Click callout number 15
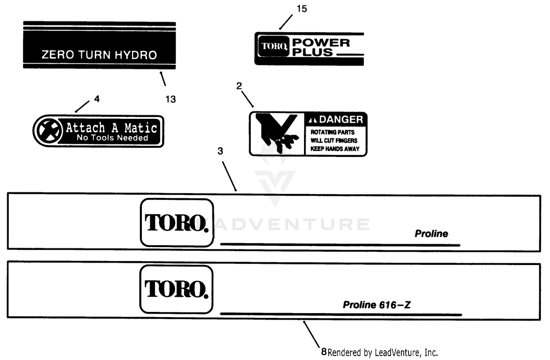coord(302,9)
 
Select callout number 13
coord(170,99)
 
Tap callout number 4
coord(97,99)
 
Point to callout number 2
coord(239,86)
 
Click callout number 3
coord(220,151)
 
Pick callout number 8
coord(324,352)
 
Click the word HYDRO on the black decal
coord(136,55)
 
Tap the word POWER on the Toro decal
coord(321,43)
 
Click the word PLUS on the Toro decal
coord(312,52)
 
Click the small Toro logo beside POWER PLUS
coord(274,46)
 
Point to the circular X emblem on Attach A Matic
coord(49,131)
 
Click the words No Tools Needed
coord(113,138)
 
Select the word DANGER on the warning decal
coord(341,120)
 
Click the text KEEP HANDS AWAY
coord(335,149)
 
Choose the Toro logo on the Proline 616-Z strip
coord(176,289)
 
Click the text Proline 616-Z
coord(377,305)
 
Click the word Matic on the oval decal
coord(140,128)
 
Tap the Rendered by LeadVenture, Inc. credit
coord(383,353)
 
